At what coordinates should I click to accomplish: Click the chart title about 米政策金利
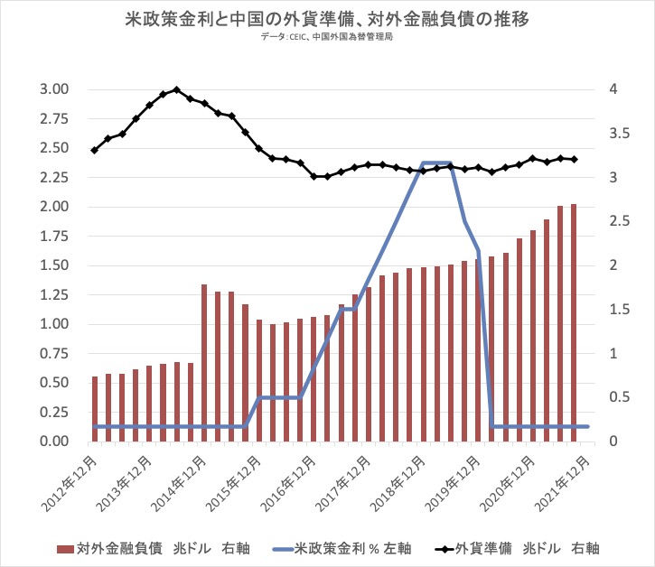coord(328,18)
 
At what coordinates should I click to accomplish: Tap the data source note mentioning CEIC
coord(328,39)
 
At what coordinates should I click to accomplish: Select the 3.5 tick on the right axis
coord(616,134)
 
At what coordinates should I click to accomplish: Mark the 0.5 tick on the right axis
coord(616,397)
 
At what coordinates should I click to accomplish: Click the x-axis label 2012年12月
coord(73,479)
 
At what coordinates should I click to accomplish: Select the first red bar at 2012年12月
coord(95,409)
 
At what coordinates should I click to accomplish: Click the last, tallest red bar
coord(575,323)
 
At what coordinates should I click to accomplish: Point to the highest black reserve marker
coord(176,89)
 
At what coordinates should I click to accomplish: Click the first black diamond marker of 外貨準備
coord(94,150)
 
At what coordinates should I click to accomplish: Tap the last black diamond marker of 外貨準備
coord(575,159)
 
